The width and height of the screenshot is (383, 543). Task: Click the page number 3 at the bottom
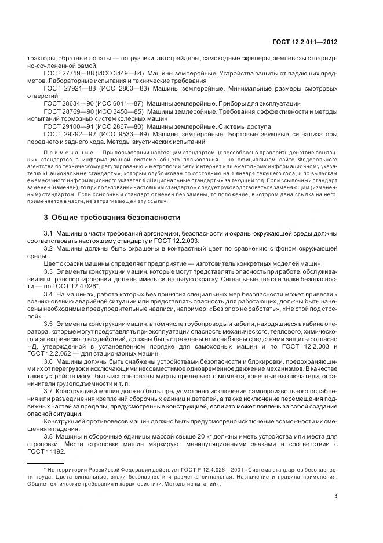(x=336, y=495)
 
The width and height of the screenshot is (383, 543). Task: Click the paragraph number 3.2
(x=48, y=248)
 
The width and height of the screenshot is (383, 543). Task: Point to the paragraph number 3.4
(x=48, y=294)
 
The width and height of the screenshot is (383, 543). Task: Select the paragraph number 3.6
(x=48, y=361)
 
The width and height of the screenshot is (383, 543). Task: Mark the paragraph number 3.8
(x=48, y=435)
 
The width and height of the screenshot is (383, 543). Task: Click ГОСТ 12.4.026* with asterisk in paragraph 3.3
(x=82, y=286)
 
